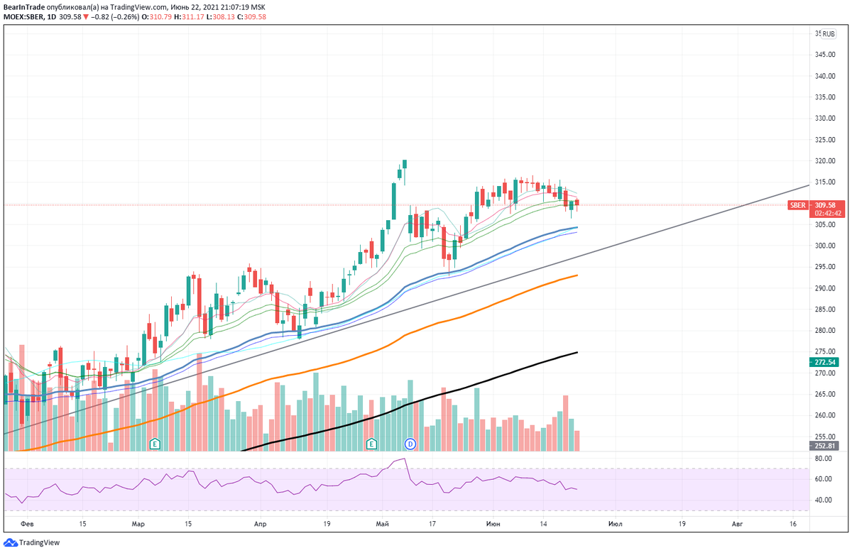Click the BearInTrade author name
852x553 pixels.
tap(23, 7)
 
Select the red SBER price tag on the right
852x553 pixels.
tap(797, 205)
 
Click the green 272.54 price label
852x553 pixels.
tap(824, 362)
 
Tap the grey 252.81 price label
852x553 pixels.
tap(824, 446)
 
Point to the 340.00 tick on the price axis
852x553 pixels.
tap(824, 76)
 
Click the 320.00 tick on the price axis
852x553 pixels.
tap(824, 161)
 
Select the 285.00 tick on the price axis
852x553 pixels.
tap(824, 310)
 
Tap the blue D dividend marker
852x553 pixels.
tap(410, 444)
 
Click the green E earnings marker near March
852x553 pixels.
tap(155, 444)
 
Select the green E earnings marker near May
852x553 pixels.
tap(371, 444)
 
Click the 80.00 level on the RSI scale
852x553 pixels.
tap(824, 459)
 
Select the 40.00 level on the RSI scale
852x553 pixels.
tap(824, 500)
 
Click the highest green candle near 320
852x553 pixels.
tap(404, 164)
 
